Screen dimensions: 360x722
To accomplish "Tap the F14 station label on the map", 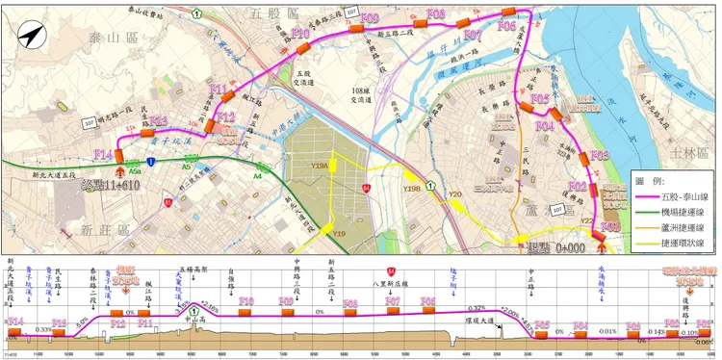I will pos(103,154).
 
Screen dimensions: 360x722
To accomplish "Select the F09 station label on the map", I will pos(370,18).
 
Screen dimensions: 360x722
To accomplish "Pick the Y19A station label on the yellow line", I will pos(321,167).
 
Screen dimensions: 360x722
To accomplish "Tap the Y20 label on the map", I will pos(455,195).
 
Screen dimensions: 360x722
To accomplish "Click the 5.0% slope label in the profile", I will pos(83,319).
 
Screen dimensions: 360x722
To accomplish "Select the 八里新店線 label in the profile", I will pos(392,284).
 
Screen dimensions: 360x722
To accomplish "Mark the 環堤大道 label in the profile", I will pos(478,321).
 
